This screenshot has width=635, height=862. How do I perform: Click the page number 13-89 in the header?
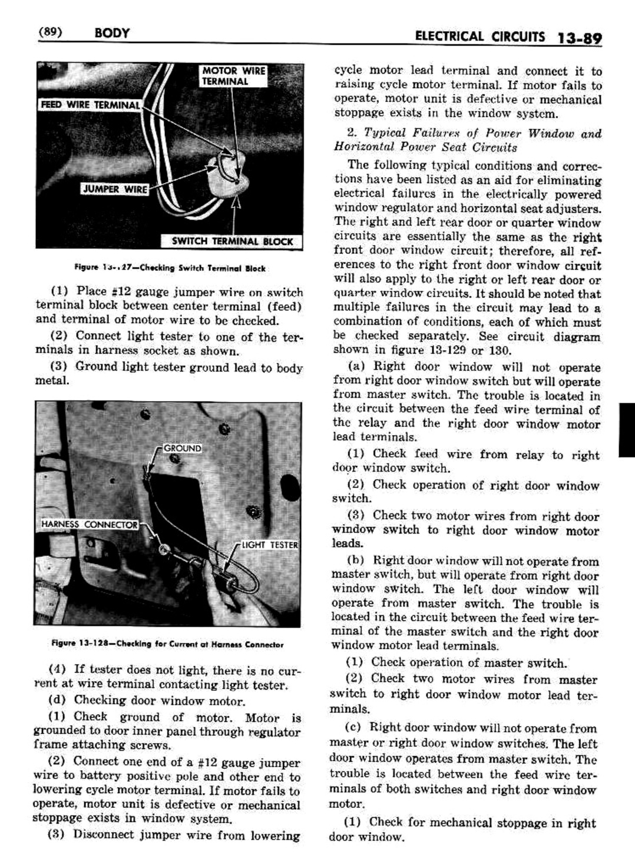[x=578, y=38]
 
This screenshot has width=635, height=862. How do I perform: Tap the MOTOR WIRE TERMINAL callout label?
[x=233, y=76]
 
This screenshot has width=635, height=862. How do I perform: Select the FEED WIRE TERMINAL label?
[x=90, y=105]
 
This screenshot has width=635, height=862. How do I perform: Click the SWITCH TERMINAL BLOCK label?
[x=231, y=241]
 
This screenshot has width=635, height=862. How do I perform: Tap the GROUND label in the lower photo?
[x=182, y=448]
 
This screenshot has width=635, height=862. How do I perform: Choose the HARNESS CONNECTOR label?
[x=89, y=524]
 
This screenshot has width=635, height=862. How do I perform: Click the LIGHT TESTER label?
[x=270, y=545]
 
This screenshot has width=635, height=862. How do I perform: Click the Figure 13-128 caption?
[x=167, y=644]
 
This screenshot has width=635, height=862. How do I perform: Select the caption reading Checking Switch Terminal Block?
[x=170, y=268]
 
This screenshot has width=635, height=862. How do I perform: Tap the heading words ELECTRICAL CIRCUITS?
[x=479, y=37]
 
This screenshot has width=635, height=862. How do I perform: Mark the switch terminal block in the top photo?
[x=228, y=172]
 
